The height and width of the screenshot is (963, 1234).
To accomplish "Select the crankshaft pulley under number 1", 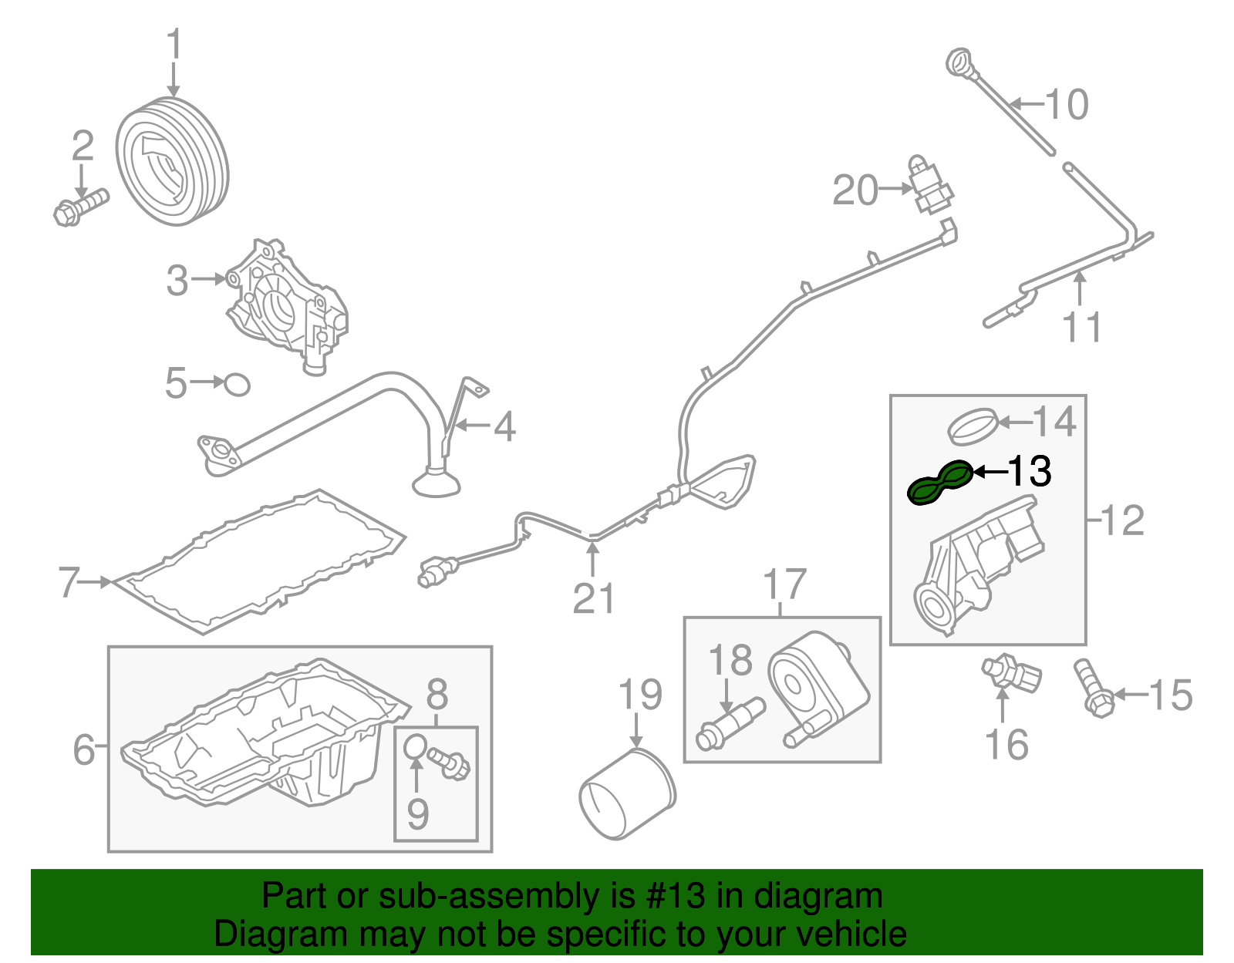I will (x=172, y=162).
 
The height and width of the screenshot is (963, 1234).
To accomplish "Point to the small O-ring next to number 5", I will (x=237, y=384).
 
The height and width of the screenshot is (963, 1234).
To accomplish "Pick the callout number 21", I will (x=593, y=598).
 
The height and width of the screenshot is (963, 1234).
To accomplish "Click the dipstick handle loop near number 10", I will (x=960, y=62).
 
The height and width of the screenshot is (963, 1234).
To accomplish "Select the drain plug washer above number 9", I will (x=415, y=746).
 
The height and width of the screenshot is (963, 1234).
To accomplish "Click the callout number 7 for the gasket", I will (x=69, y=582).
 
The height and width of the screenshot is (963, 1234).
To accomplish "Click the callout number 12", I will (x=1123, y=521).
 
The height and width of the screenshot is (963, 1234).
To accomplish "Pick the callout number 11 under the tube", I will (x=1082, y=327).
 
